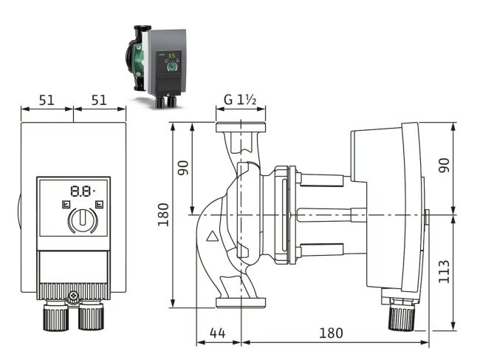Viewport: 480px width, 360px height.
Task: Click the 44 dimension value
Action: click(x=216, y=333)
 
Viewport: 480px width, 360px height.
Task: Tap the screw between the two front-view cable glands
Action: click(x=73, y=299)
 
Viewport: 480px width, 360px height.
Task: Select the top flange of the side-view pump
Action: click(x=240, y=127)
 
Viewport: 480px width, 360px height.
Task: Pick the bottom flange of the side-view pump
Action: click(x=240, y=301)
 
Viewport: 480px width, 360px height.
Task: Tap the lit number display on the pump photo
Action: click(x=171, y=55)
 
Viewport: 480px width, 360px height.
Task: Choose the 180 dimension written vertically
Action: click(x=164, y=214)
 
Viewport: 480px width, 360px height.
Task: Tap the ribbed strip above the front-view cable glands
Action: click(x=73, y=290)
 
